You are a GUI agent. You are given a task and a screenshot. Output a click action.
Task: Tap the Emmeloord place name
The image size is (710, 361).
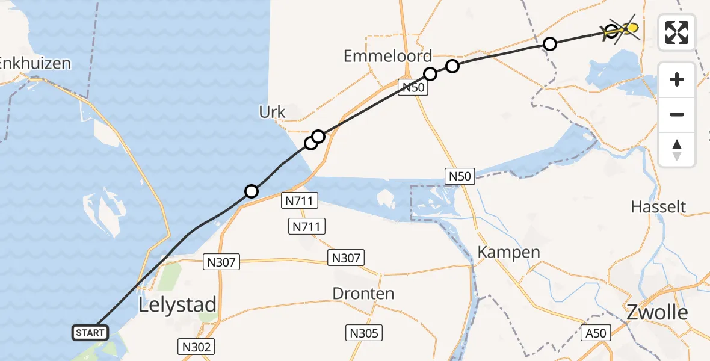click(x=388, y=57)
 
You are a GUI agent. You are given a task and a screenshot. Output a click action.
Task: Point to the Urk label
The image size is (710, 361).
click(x=272, y=112)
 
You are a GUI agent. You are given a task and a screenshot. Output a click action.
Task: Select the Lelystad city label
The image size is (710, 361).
click(x=177, y=305)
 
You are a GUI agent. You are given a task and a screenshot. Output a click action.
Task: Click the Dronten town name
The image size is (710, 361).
click(x=363, y=294)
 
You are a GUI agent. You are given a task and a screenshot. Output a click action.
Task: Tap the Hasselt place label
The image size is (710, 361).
click(x=658, y=208)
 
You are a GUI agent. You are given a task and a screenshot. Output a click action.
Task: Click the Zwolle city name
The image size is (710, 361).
click(x=657, y=312)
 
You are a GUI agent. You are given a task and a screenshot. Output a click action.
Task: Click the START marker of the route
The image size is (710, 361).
click(x=91, y=332)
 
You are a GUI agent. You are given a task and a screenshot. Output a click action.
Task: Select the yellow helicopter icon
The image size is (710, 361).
click(x=626, y=28)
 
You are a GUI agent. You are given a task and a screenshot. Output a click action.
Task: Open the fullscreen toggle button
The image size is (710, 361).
click(x=677, y=32)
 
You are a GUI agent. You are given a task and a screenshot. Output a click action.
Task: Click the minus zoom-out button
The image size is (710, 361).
click(x=677, y=114)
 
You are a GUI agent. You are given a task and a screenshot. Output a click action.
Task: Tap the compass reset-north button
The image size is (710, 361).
click(x=677, y=150)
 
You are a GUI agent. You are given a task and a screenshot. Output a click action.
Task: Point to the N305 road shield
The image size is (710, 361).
click(x=363, y=333)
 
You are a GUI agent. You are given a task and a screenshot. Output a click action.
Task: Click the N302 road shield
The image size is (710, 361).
click(x=197, y=347)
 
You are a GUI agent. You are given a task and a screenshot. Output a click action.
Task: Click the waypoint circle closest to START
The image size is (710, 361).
click(x=252, y=191)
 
